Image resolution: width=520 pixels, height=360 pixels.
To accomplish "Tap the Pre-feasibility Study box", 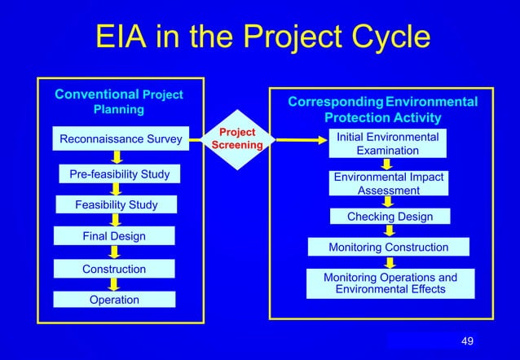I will (119, 174).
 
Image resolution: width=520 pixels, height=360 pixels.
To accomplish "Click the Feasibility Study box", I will (117, 204).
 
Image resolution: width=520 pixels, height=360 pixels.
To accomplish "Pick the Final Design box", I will (114, 236).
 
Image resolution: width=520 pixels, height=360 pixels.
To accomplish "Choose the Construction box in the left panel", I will (114, 269).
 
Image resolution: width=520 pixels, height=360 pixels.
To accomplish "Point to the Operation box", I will (114, 300).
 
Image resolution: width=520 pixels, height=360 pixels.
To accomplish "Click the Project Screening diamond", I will (237, 139).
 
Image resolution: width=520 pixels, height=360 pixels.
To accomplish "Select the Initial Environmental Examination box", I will (388, 143).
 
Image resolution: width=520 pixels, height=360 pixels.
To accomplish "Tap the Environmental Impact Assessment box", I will (388, 183).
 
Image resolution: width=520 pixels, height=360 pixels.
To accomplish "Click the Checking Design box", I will (389, 217).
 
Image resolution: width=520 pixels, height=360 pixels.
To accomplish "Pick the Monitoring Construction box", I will (388, 247).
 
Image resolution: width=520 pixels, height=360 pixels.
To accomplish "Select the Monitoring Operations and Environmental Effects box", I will (390, 283).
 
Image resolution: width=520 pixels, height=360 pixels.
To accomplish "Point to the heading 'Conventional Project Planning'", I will (118, 101).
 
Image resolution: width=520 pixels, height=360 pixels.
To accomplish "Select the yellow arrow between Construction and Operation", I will (115, 284).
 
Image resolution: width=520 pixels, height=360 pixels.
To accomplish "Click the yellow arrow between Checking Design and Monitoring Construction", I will (390, 231).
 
